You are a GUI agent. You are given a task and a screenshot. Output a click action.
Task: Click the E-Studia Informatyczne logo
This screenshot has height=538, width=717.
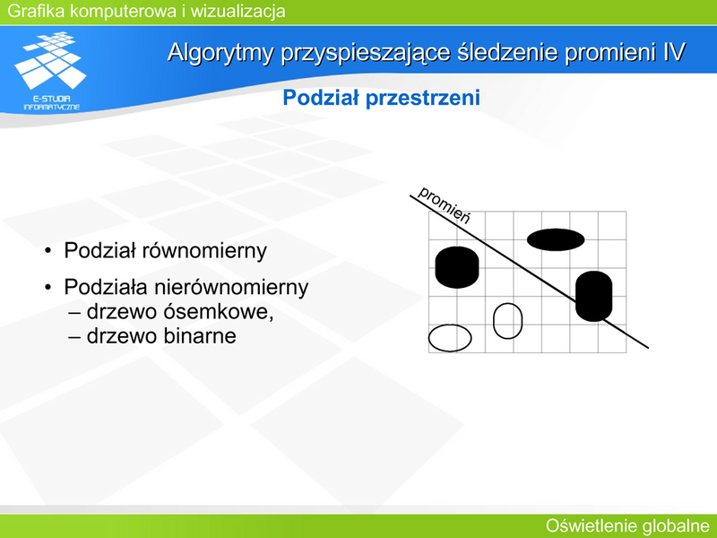pos(51,71)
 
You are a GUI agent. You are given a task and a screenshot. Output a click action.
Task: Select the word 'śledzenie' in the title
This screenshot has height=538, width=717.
pos(506,52)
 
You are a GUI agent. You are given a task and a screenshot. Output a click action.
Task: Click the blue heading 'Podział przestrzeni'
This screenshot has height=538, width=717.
pos(382,98)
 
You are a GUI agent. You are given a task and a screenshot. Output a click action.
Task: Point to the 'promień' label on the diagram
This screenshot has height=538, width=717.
pos(444,204)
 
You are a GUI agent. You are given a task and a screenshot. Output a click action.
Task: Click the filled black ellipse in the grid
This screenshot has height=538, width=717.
pos(556,239)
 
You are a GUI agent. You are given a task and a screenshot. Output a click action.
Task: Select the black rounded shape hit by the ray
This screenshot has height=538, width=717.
pos(593,296)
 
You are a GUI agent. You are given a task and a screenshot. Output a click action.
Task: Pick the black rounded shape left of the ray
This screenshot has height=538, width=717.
pos(457,267)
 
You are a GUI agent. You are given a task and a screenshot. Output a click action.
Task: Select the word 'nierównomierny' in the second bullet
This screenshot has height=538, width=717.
pos(231,288)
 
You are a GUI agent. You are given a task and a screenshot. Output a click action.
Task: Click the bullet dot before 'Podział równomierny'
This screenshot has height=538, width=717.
pos(48,251)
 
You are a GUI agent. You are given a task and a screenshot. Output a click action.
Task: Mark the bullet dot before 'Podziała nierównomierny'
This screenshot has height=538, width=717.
pos(48,288)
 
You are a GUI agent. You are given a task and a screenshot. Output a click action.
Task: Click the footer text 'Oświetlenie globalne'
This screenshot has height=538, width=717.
pos(627,526)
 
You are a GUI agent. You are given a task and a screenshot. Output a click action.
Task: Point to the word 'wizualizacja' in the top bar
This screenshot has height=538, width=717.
pos(238,11)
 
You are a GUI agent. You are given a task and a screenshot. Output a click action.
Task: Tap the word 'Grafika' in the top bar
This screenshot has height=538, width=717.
pos(36,11)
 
